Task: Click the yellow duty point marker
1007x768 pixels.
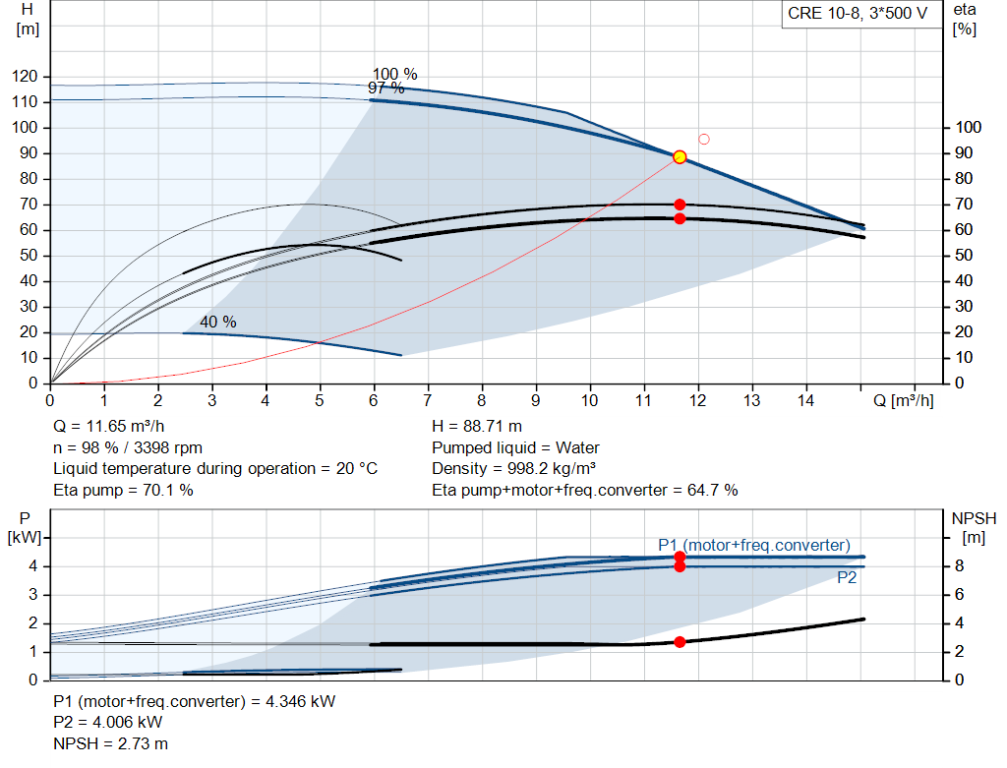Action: [x=680, y=156]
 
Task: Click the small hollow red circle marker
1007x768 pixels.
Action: [x=704, y=140]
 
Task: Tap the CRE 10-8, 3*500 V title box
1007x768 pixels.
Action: [x=858, y=14]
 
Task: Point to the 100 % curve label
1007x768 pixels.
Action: [x=395, y=74]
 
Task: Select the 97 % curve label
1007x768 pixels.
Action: [x=385, y=88]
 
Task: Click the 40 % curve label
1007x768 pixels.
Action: [x=218, y=322]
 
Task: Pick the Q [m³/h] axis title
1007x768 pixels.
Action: [x=904, y=400]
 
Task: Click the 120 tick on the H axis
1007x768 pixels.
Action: [x=25, y=77]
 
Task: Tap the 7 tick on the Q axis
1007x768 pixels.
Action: [x=427, y=400]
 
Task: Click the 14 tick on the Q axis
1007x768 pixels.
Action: [x=806, y=400]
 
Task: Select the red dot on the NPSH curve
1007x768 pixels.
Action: [x=680, y=642]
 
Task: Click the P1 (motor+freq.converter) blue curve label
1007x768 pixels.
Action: [x=754, y=545]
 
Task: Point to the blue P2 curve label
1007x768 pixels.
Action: [x=847, y=578]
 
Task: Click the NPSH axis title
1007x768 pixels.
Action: [x=974, y=528]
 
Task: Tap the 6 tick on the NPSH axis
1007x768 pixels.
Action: [x=960, y=595]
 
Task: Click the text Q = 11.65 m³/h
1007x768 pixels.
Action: [x=109, y=427]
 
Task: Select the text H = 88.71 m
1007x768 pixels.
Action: [x=477, y=427]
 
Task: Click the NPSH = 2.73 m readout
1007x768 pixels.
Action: [x=110, y=743]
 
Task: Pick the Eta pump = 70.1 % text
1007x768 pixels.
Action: [x=123, y=490]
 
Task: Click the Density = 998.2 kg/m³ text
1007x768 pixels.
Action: [x=513, y=469]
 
